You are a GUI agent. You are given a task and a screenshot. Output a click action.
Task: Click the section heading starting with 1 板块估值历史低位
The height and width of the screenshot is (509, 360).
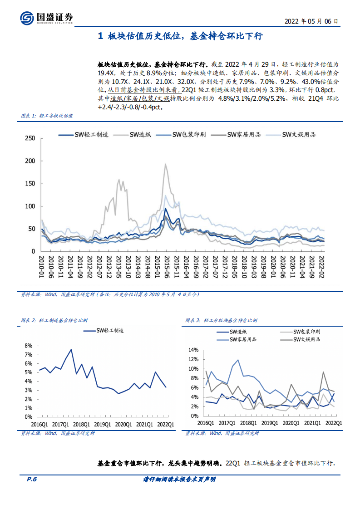coord(180,37)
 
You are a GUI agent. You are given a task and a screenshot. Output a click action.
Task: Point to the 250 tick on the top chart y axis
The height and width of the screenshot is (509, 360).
coord(30,138)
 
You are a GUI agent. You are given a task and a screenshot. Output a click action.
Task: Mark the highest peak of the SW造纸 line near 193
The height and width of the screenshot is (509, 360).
coord(165,164)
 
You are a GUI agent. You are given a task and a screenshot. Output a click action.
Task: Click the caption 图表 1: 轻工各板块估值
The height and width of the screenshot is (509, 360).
coord(47,116)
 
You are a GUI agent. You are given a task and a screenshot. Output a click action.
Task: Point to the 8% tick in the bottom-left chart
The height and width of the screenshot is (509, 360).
coord(28,346)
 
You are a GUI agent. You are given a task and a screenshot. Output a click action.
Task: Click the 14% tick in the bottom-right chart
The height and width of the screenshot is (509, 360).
coord(193,350)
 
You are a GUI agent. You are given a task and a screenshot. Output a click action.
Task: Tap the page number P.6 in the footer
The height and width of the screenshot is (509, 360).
coord(29,479)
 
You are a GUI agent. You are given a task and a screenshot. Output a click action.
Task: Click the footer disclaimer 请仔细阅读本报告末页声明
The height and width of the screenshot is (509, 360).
coord(179,479)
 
